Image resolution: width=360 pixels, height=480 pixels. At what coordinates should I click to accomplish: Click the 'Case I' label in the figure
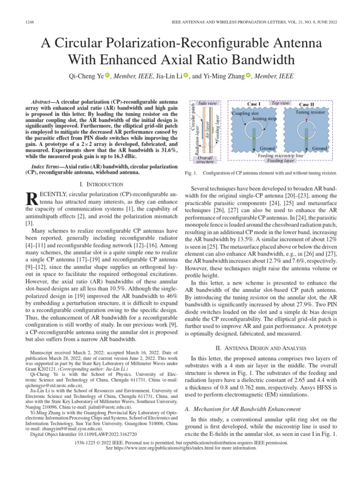click(x=254, y=104)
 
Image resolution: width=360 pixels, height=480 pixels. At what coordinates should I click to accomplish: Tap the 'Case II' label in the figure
click(x=307, y=104)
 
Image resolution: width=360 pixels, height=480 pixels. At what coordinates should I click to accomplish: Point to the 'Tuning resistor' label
click(x=310, y=112)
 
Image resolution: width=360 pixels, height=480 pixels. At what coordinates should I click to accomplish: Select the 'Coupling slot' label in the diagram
click(x=246, y=113)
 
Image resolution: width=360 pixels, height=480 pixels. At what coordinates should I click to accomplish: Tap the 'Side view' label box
click(x=208, y=103)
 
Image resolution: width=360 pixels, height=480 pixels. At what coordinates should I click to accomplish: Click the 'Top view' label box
click(x=281, y=103)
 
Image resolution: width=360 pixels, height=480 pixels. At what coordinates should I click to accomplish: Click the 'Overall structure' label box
click(x=205, y=160)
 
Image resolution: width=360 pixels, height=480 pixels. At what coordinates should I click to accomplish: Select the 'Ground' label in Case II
click(x=320, y=148)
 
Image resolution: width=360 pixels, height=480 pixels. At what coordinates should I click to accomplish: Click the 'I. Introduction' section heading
click(x=102, y=184)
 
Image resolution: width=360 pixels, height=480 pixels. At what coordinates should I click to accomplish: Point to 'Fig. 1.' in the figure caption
click(x=187, y=173)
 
